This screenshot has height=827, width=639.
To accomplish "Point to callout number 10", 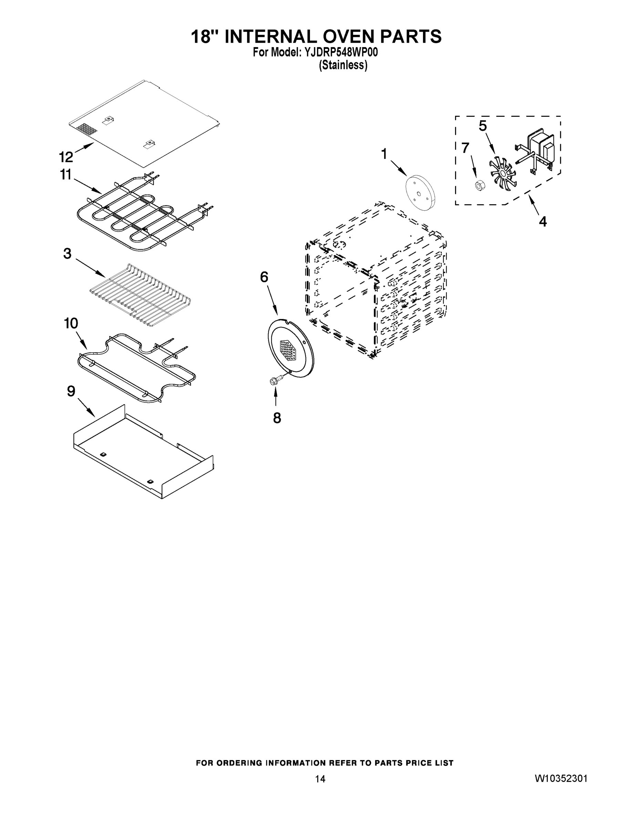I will pyautogui.click(x=71, y=323).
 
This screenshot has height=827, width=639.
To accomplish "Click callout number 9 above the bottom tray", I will pyautogui.click(x=71, y=391).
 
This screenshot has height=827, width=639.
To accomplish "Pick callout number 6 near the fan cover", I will pyautogui.click(x=264, y=277).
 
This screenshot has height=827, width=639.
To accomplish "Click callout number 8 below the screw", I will pyautogui.click(x=277, y=418).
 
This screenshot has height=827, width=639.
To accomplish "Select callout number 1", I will pyautogui.click(x=384, y=154).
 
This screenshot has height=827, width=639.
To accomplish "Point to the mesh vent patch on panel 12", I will pyautogui.click(x=87, y=130).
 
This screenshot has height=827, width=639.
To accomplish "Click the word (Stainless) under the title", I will pyautogui.click(x=343, y=65).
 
